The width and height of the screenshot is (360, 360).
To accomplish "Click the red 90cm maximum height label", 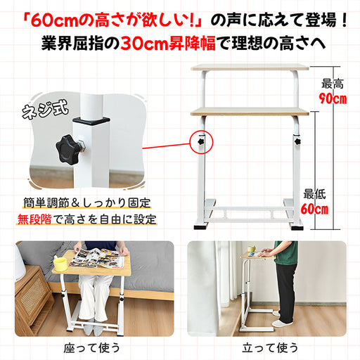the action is (x=333, y=98).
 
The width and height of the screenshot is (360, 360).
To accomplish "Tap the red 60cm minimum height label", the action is (x=314, y=209).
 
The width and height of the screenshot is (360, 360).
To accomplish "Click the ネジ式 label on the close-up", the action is (x=46, y=109).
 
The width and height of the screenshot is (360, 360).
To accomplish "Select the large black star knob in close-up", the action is (x=68, y=149).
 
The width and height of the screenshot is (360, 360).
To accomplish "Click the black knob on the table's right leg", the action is (x=297, y=141).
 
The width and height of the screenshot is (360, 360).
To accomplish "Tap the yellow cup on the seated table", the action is (x=60, y=265).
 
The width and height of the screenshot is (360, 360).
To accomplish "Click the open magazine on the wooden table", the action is (x=97, y=258).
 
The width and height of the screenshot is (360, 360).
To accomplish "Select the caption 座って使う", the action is (x=91, y=347).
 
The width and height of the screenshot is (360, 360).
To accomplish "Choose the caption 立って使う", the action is (x=270, y=347).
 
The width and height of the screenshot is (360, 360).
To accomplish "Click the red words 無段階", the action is (x=34, y=219).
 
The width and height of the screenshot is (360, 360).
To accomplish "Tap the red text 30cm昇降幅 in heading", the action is (x=168, y=43).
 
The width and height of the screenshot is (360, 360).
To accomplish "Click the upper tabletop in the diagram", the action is (x=250, y=67).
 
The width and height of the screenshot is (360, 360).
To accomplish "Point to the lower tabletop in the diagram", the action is (x=250, y=112).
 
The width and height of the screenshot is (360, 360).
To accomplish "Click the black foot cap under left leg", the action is (x=201, y=227).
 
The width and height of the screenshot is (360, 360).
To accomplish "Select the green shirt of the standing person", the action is (x=286, y=252).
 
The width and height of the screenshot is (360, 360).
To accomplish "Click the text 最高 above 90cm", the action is (x=333, y=84).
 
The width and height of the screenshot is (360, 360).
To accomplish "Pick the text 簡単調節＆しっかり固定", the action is (x=86, y=202).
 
